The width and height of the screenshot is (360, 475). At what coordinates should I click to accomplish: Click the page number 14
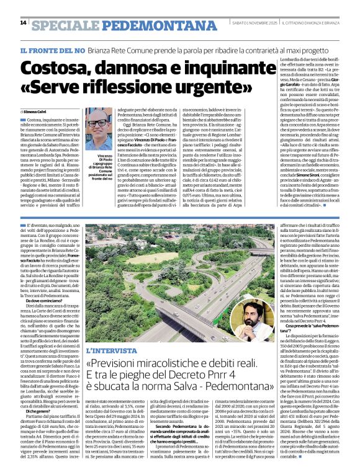(24, 22)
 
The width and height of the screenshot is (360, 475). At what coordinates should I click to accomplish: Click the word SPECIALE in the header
(65, 25)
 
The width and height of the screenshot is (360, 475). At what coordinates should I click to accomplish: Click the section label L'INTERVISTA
(106, 350)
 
